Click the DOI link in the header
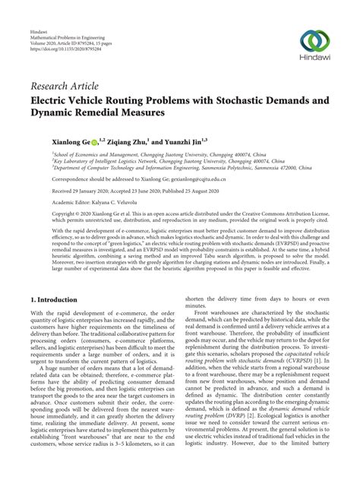click(65, 49)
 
